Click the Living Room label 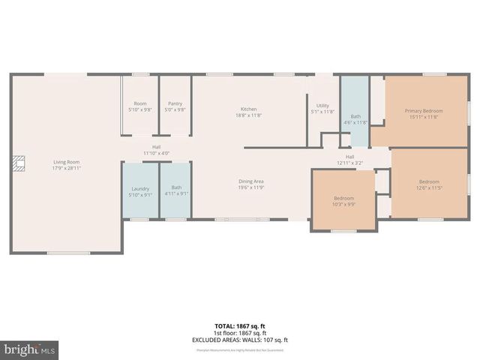click(66, 162)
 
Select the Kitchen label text click(249, 109)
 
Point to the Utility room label click(322, 106)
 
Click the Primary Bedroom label click(424, 110)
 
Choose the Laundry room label click(140, 188)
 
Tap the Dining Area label click(251, 181)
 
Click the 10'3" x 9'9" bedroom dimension click(344, 204)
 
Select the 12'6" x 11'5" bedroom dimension click(429, 187)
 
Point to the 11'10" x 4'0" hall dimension click(157, 153)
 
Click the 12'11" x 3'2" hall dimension click(349, 163)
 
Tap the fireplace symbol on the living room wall click(18, 162)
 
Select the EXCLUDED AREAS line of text click(239, 340)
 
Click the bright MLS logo click(30, 349)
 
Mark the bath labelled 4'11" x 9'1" click(176, 190)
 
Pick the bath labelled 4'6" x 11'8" click(355, 119)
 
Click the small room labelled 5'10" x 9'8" click(140, 106)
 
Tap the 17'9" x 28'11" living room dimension click(66, 168)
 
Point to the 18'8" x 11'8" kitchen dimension click(249, 115)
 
